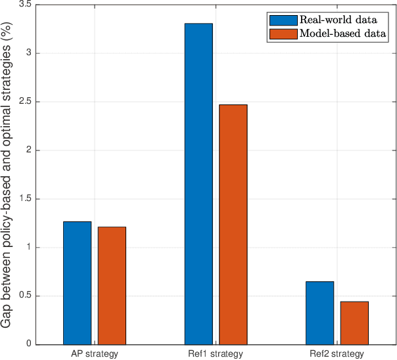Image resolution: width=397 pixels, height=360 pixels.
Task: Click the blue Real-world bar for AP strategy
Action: (77, 282)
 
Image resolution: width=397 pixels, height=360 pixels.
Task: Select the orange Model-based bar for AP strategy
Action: (112, 285)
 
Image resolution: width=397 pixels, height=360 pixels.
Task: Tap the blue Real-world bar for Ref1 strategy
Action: (198, 184)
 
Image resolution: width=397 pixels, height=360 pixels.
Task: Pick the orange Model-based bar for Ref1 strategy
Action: (233, 224)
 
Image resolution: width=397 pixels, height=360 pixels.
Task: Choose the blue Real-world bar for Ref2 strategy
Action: (319, 313)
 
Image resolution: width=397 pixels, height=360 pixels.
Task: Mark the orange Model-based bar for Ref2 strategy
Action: (354, 323)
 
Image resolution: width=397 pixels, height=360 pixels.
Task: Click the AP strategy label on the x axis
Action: (95, 354)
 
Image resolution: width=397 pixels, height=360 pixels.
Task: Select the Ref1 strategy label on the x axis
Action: (216, 354)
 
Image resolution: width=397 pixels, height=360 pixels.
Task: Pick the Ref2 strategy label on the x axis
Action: (337, 354)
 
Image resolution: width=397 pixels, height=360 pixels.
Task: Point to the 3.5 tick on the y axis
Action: (27, 5)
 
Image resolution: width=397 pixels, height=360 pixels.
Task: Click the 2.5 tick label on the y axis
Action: (27, 102)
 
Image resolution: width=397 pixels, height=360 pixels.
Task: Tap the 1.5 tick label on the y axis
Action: (27, 199)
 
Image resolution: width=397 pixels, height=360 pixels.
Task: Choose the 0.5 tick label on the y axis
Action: (27, 296)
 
